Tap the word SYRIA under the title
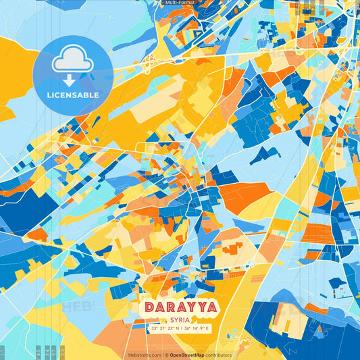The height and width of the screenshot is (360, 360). (x=180, y=320)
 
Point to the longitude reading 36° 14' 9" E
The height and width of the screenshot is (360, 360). (x=197, y=328)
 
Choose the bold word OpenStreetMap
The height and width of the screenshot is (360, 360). (x=188, y=355)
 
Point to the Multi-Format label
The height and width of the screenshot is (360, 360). (x=179, y=3)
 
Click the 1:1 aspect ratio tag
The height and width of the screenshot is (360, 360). (x=3, y=353)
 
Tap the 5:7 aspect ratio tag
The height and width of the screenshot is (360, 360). (x=53, y=353)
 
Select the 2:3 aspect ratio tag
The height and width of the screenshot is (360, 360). (x=62, y=353)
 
